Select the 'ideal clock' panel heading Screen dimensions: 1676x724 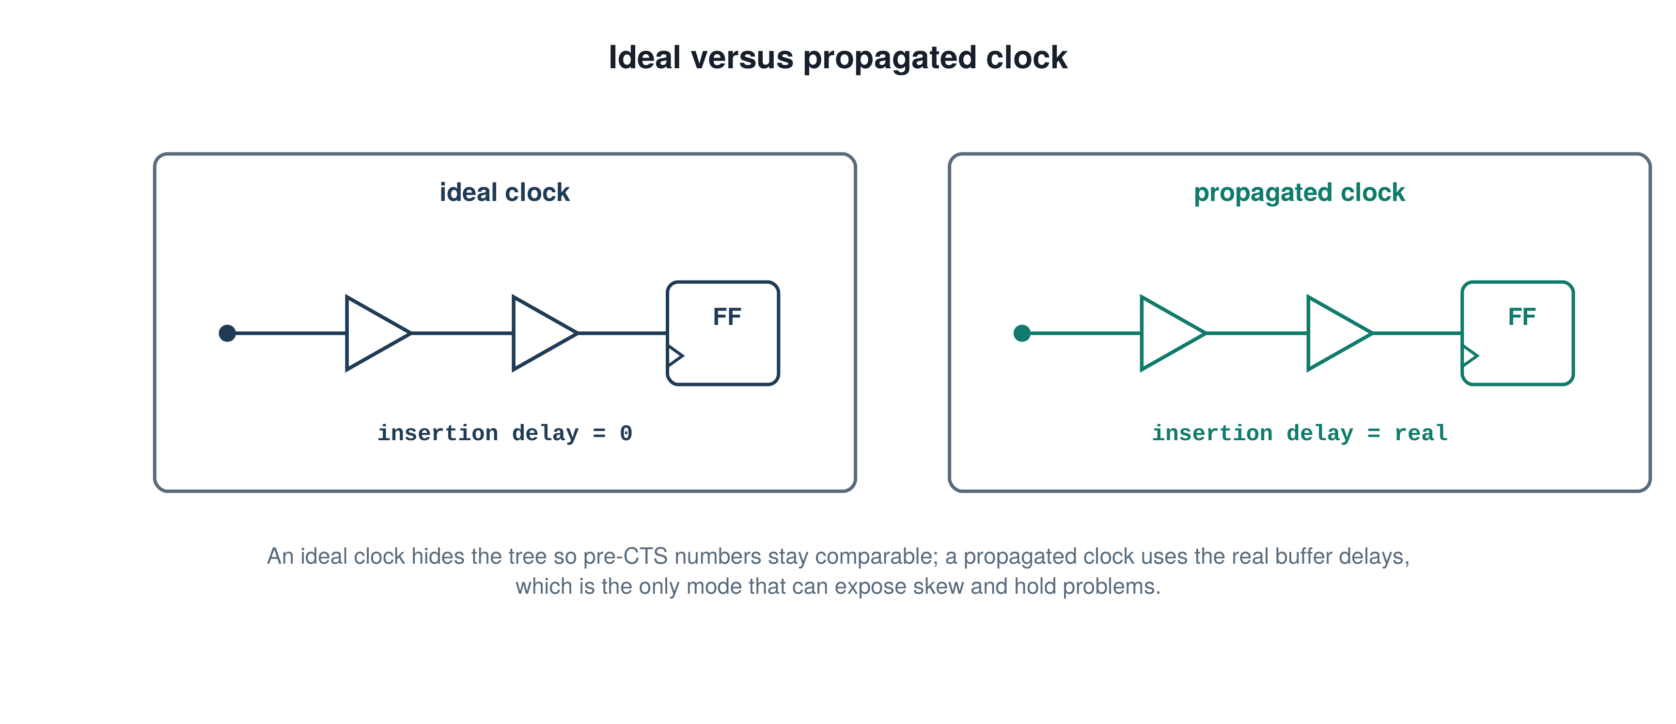[504, 193]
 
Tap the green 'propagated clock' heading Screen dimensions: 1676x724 [1300, 193]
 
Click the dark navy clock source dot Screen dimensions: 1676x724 [227, 333]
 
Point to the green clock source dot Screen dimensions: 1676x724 [1022, 333]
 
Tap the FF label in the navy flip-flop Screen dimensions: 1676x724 [727, 317]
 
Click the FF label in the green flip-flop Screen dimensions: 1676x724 [1522, 317]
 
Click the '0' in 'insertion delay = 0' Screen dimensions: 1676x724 [626, 433]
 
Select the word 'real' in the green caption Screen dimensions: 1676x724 [1421, 433]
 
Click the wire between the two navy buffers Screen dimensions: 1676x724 [462, 333]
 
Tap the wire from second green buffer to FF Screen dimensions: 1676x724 [1417, 333]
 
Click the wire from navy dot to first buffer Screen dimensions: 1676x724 [291, 333]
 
